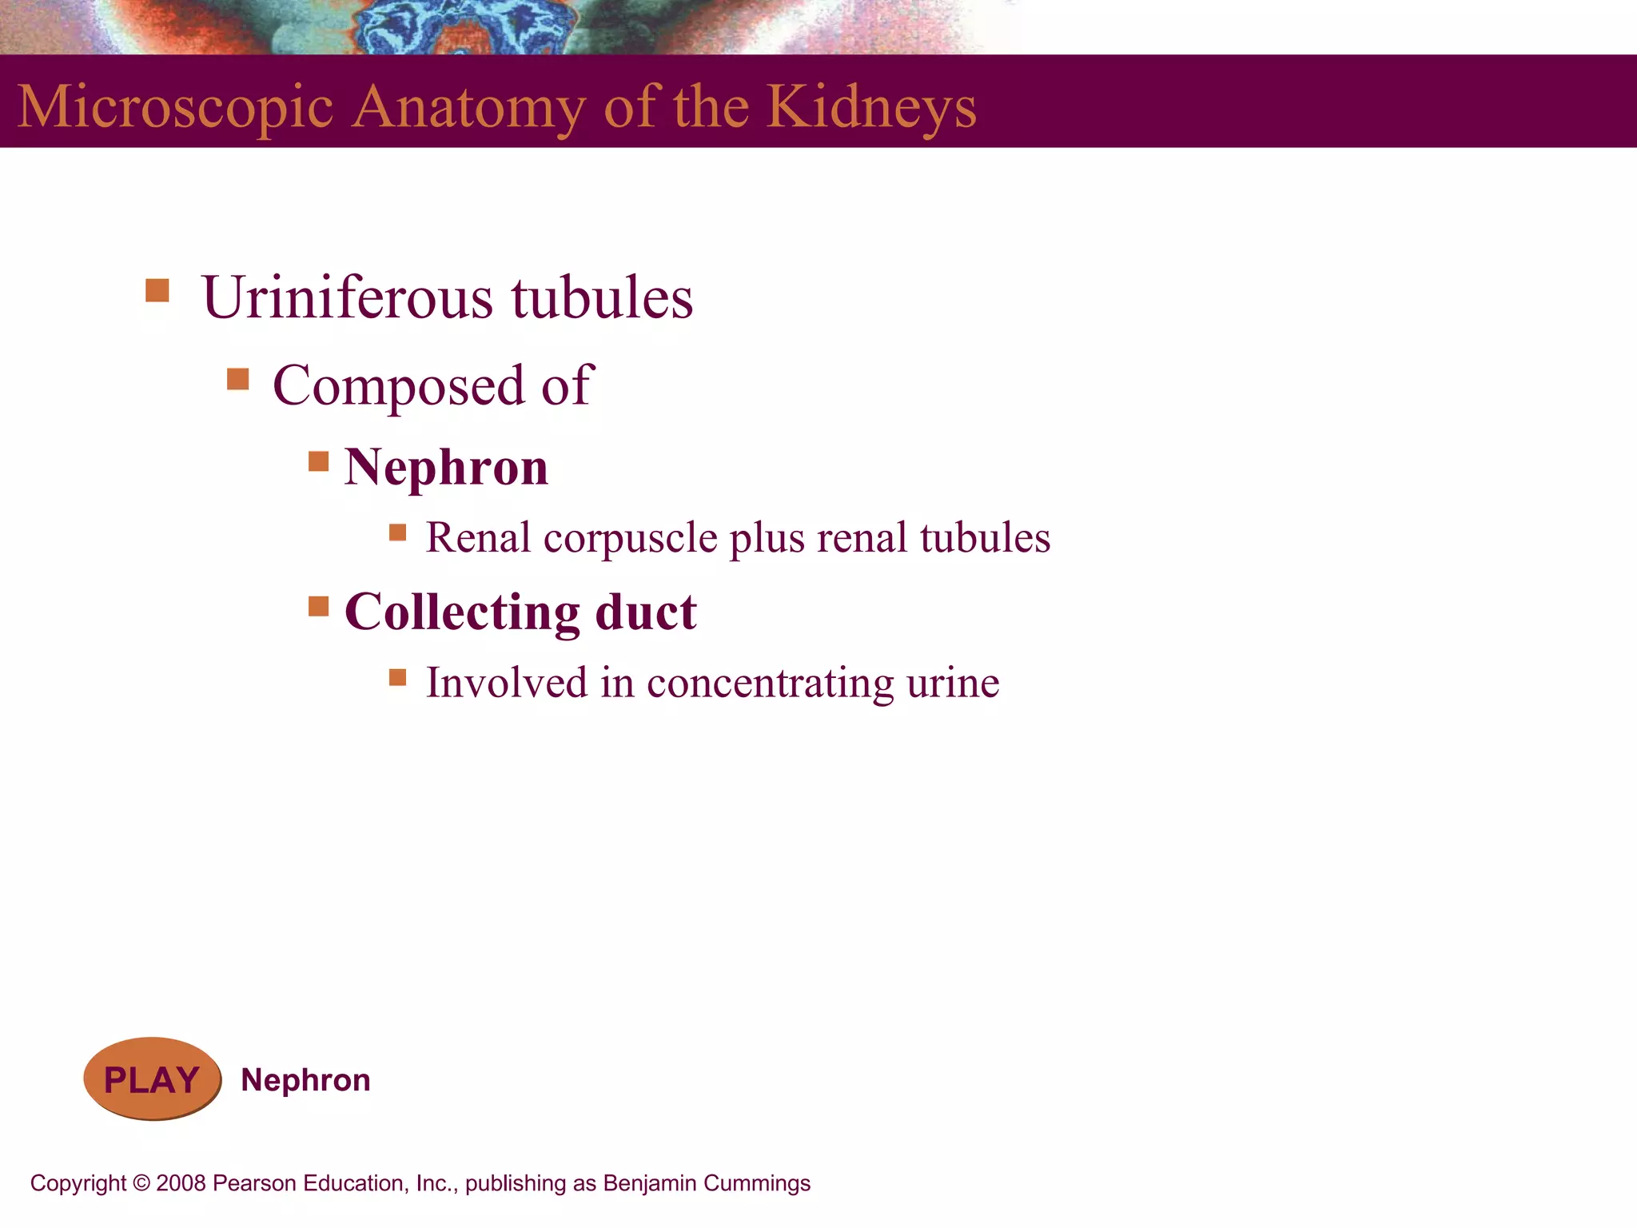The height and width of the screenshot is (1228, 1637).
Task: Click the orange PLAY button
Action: [152, 1079]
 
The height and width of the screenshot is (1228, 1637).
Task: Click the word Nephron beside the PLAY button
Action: [305, 1080]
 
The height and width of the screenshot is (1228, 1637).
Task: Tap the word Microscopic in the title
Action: [176, 106]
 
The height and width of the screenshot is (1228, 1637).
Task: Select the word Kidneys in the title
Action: [871, 106]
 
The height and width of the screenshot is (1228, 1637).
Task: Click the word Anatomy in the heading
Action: [468, 106]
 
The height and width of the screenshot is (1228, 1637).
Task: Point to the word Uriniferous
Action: [348, 297]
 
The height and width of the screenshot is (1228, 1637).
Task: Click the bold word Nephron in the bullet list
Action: [446, 467]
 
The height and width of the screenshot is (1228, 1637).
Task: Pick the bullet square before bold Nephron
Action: [319, 461]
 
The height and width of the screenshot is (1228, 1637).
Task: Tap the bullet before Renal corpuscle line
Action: [398, 532]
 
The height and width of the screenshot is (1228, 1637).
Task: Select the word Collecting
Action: [462, 613]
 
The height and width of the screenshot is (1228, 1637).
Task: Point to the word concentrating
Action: [771, 684]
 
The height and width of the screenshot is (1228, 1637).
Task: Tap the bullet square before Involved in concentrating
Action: [398, 678]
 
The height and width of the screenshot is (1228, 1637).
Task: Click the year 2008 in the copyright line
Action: [181, 1183]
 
